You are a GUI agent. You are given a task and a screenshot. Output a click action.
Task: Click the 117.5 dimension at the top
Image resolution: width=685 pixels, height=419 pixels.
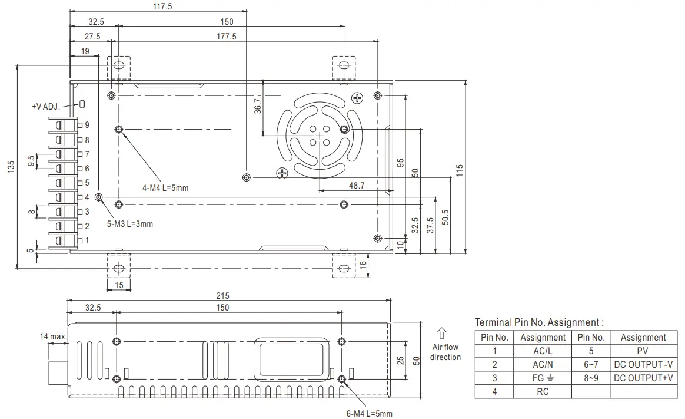point(158,6)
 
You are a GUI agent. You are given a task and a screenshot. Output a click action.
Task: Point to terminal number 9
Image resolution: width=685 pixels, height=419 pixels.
point(87,125)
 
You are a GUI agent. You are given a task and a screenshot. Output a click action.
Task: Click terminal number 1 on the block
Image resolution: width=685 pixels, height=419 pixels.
point(87,240)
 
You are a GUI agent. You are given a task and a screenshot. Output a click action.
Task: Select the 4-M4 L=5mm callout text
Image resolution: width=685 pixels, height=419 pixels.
point(165,188)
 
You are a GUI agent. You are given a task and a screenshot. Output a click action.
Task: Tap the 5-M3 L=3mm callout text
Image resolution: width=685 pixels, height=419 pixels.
point(129,224)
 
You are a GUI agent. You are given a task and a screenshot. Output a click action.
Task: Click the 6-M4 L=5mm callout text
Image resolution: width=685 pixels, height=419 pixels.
point(370,413)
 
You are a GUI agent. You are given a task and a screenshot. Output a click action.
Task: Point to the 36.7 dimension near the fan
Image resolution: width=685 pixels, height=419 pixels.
point(258,105)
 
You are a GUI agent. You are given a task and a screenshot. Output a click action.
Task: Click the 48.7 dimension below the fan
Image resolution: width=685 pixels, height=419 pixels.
point(357,185)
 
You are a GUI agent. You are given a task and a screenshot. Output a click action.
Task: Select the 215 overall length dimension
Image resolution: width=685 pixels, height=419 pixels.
point(222,296)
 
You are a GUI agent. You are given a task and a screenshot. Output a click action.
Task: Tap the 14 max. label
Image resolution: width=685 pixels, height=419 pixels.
point(53,336)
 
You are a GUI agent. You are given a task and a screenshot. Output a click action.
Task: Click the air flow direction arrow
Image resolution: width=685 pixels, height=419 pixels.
point(441,334)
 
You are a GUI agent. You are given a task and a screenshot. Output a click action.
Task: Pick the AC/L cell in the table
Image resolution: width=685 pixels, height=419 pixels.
point(543,351)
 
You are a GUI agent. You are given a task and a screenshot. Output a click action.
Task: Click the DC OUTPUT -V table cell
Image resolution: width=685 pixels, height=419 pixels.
point(643,364)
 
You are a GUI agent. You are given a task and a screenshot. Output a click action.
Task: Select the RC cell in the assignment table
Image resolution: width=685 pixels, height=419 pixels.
point(543,391)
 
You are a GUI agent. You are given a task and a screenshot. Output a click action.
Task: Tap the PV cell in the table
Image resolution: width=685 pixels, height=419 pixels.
point(643,351)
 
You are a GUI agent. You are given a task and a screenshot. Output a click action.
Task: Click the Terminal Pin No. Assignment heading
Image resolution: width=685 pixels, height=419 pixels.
point(539,322)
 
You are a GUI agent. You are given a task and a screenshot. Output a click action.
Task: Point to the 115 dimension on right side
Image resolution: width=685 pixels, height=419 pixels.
point(460,170)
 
